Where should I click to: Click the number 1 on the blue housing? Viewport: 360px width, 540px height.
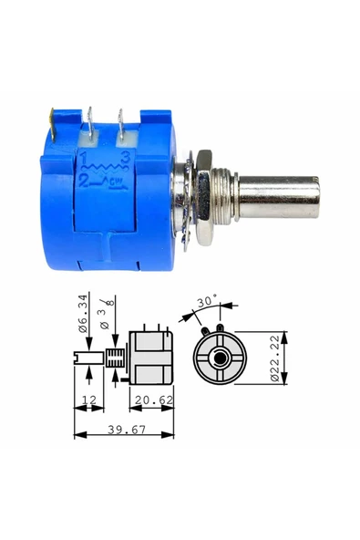[83, 160]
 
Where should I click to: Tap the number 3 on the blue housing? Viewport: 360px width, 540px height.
[125, 159]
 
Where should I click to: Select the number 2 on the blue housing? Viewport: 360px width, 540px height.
[84, 181]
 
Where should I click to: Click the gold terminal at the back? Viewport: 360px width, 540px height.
[52, 125]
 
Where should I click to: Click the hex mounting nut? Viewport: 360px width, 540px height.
[204, 198]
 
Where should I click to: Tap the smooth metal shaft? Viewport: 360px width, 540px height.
[278, 197]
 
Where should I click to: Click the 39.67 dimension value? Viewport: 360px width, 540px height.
[127, 430]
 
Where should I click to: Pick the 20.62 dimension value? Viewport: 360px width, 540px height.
[154, 400]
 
